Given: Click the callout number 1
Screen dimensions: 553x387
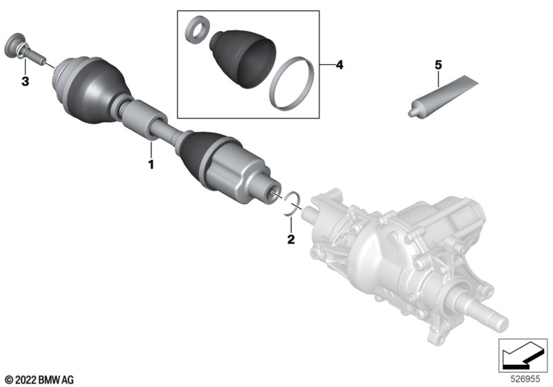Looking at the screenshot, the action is coord(152,165).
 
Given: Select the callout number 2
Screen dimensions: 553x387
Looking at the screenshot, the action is coord(291,239).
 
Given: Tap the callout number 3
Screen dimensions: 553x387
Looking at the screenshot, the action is coord(25,81).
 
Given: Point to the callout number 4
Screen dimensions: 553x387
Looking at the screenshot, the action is coord(340,65).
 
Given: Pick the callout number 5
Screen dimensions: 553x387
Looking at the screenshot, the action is coord(439,65).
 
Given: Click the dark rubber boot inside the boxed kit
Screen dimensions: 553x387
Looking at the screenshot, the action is coord(244,58).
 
